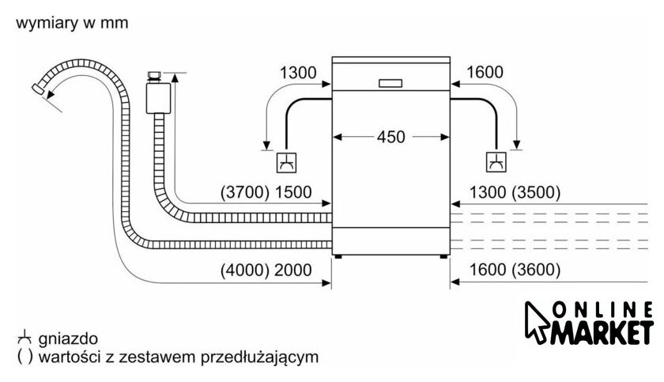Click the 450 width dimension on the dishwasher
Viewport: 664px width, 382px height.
tap(390, 137)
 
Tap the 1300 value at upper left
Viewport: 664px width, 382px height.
tap(298, 74)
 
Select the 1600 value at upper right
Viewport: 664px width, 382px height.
tap(485, 74)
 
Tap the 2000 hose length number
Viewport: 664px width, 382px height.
tap(294, 270)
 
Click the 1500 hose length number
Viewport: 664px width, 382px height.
tap(294, 192)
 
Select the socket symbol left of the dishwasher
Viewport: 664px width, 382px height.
tap(285, 163)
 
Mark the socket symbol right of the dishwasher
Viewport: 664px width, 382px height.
tap(496, 163)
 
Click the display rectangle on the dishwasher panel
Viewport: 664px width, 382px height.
tap(392, 83)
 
